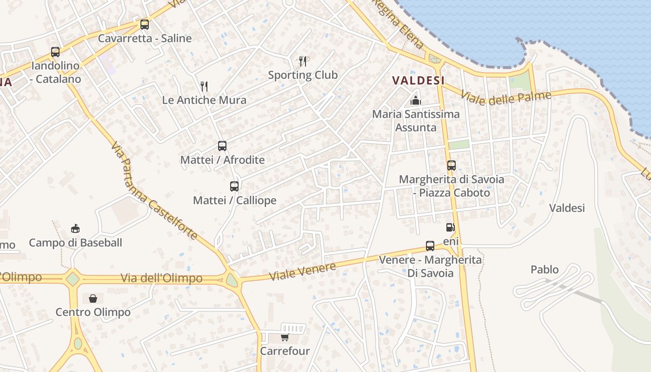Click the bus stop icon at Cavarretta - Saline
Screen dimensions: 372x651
point(145,25)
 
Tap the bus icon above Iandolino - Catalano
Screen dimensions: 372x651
point(55,52)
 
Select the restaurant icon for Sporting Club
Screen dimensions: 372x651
point(303,61)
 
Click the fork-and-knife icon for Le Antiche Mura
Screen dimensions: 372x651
point(204,86)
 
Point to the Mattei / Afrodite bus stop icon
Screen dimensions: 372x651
point(222,146)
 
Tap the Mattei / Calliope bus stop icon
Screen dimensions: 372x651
point(234,186)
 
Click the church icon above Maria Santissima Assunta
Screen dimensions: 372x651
point(415,100)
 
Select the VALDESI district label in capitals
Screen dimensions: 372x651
point(418,80)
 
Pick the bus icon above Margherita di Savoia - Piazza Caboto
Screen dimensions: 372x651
point(451,166)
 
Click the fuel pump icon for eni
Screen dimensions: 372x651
point(450,227)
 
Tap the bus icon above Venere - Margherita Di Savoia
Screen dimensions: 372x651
point(430,246)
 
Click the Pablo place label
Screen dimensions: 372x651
point(545,269)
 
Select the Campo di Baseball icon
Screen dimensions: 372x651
point(75,228)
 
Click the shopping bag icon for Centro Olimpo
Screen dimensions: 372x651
point(93,298)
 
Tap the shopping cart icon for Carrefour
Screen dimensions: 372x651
point(285,337)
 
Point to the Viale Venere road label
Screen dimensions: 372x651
point(303,272)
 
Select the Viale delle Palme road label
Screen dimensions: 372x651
point(505,98)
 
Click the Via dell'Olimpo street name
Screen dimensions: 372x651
point(161,278)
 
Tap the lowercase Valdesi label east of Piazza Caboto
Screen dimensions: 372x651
point(567,208)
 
